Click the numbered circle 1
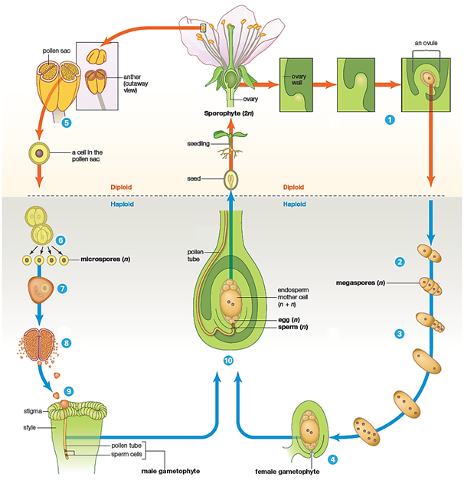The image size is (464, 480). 390,119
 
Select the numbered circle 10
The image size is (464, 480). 228,361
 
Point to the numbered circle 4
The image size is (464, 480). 333,459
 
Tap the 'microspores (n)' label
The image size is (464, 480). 106,260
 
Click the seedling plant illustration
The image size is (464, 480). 224,145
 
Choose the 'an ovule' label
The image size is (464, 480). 425,43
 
